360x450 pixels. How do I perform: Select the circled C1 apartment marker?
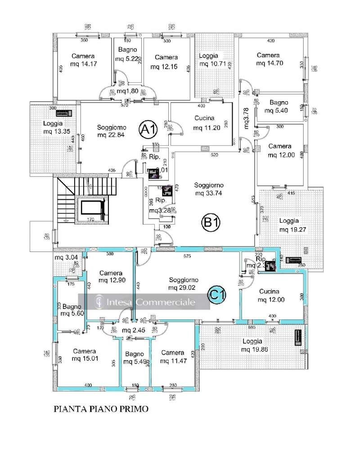[x=217, y=295]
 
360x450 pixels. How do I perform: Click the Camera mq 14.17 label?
[x=83, y=60]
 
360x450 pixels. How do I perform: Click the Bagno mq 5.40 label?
[x=276, y=106]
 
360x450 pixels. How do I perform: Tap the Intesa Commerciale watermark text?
[x=151, y=302]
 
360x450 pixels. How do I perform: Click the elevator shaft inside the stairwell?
[x=92, y=208]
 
